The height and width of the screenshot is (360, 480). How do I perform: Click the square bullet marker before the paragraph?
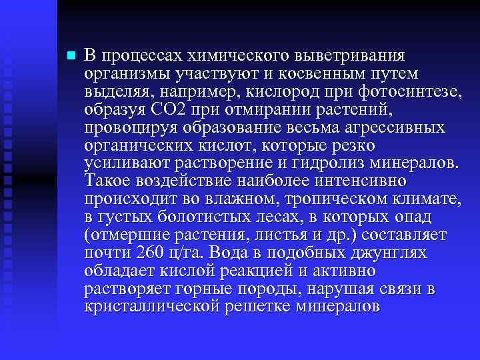click(70, 55)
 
